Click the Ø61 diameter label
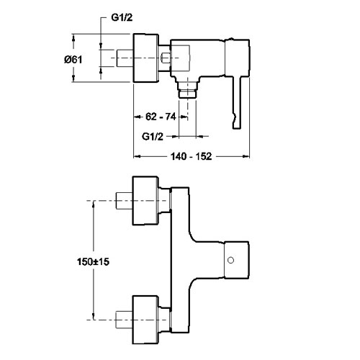(x=73, y=59)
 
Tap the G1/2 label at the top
(x=122, y=17)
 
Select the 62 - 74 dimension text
(x=161, y=117)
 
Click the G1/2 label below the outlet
(x=153, y=137)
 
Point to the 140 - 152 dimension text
(x=192, y=156)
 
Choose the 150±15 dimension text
(x=93, y=261)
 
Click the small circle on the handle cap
(x=230, y=261)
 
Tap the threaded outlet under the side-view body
(x=188, y=89)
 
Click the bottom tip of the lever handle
(x=237, y=128)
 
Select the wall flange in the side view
(x=145, y=58)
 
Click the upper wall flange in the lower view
(x=145, y=201)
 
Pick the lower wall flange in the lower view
(x=145, y=320)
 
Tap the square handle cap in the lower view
(x=237, y=261)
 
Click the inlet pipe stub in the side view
(x=125, y=58)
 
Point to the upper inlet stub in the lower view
(x=124, y=201)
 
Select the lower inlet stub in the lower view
(x=124, y=320)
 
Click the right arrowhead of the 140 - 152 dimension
(x=247, y=156)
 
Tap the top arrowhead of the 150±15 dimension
(x=94, y=204)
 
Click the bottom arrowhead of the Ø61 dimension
(x=73, y=78)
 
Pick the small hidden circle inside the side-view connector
(x=166, y=58)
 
